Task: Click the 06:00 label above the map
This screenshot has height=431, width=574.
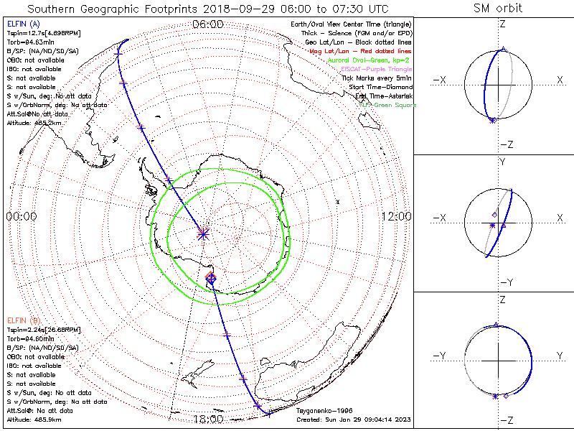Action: [207, 24]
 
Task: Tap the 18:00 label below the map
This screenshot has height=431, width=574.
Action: [207, 419]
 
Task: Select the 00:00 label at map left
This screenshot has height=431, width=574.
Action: [22, 216]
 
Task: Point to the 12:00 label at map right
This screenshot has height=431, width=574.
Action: [396, 216]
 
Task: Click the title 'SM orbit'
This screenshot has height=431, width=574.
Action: [498, 9]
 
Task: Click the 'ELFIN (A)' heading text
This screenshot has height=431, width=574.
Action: [23, 24]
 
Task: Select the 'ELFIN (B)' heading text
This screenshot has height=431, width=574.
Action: [23, 320]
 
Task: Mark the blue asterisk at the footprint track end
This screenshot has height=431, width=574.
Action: [203, 233]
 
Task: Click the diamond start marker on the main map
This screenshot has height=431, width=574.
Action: [211, 277]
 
